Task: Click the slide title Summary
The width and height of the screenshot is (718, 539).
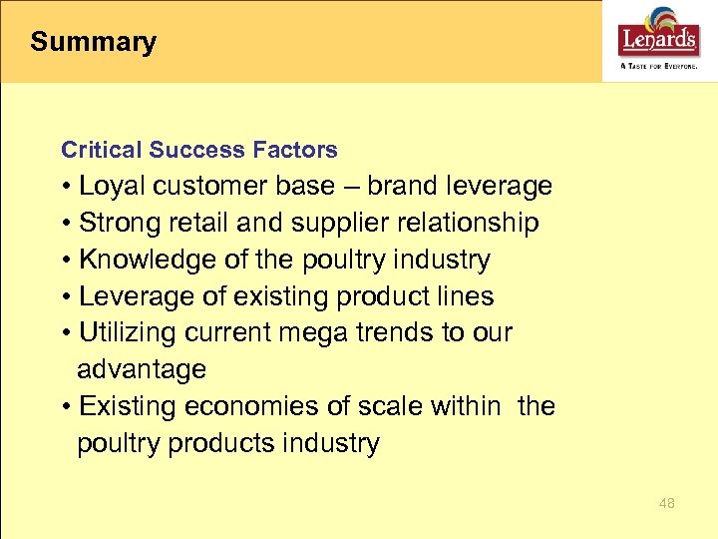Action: (93, 42)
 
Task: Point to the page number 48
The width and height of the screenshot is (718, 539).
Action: (666, 503)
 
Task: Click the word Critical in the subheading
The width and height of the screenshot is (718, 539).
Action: (102, 150)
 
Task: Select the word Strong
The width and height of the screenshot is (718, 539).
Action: (115, 224)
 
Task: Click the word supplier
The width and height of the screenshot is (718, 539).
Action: (308, 224)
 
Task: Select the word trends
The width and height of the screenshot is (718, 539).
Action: (417, 333)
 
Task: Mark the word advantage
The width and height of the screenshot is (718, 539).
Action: (142, 370)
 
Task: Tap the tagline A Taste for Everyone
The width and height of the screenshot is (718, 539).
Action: (658, 65)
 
